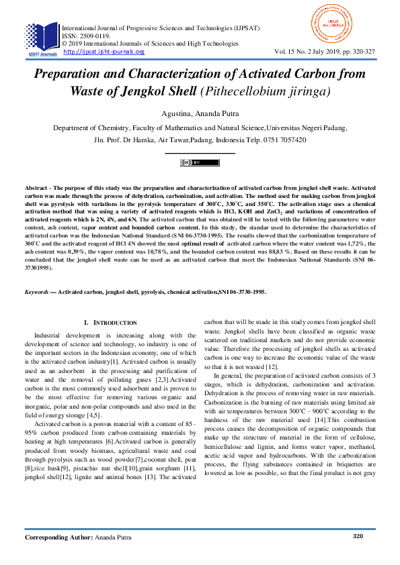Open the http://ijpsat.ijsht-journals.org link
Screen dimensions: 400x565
[104, 52]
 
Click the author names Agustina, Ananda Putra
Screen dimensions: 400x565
[200, 112]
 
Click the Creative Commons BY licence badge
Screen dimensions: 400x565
[200, 162]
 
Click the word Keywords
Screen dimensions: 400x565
[38, 293]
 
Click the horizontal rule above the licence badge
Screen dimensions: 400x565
[200, 154]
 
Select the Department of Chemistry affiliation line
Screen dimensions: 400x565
[200, 127]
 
